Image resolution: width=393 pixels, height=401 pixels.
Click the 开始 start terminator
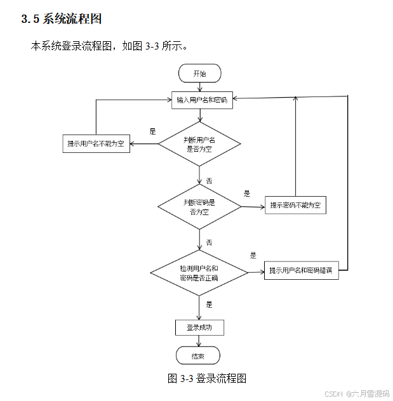click(x=199, y=74)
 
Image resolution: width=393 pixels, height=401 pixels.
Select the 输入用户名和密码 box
click(x=201, y=100)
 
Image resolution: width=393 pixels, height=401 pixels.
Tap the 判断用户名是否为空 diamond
click(x=199, y=144)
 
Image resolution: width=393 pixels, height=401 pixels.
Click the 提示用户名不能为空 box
click(x=96, y=144)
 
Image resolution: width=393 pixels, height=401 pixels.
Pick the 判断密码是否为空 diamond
click(x=199, y=207)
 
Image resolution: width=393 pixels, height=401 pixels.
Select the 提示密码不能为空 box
click(x=295, y=205)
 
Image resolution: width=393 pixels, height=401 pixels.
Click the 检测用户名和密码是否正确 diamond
click(x=199, y=273)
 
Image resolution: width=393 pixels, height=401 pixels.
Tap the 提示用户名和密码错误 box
click(x=302, y=271)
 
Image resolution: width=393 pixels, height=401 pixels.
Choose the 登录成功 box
click(x=199, y=327)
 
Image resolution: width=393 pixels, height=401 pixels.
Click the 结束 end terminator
click(x=198, y=355)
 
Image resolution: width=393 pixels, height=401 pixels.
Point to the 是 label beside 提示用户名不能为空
click(x=152, y=131)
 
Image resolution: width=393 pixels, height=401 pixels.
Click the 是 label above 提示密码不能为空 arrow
click(x=247, y=194)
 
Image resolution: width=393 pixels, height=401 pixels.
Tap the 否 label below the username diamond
click(x=209, y=181)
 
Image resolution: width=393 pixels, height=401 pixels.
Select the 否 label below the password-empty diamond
click(x=209, y=243)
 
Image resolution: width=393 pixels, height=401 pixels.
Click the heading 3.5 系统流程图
click(x=62, y=19)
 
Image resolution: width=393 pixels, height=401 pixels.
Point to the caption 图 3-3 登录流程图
click(x=206, y=378)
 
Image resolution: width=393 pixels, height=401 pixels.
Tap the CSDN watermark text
click(x=357, y=393)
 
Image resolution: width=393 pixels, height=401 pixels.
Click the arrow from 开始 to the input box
click(x=199, y=87)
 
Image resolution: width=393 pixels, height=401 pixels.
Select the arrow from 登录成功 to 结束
click(x=199, y=341)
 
